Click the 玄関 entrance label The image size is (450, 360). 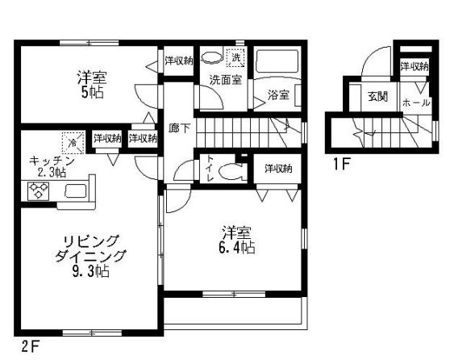[377, 97]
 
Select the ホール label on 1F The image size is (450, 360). [415, 103]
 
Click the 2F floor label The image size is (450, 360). [30, 349]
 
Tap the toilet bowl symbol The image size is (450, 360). [232, 170]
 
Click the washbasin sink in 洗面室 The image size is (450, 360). [211, 57]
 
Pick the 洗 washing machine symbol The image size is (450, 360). [236, 57]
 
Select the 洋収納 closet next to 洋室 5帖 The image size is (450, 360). [177, 61]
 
